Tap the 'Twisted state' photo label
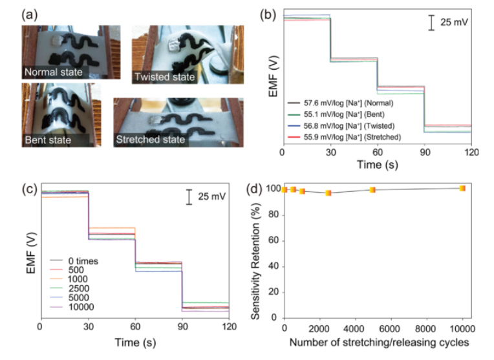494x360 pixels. click(x=164, y=78)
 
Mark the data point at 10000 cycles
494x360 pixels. click(x=462, y=188)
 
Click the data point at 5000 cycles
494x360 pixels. click(x=372, y=189)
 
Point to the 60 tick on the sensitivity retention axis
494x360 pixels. click(x=272, y=240)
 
